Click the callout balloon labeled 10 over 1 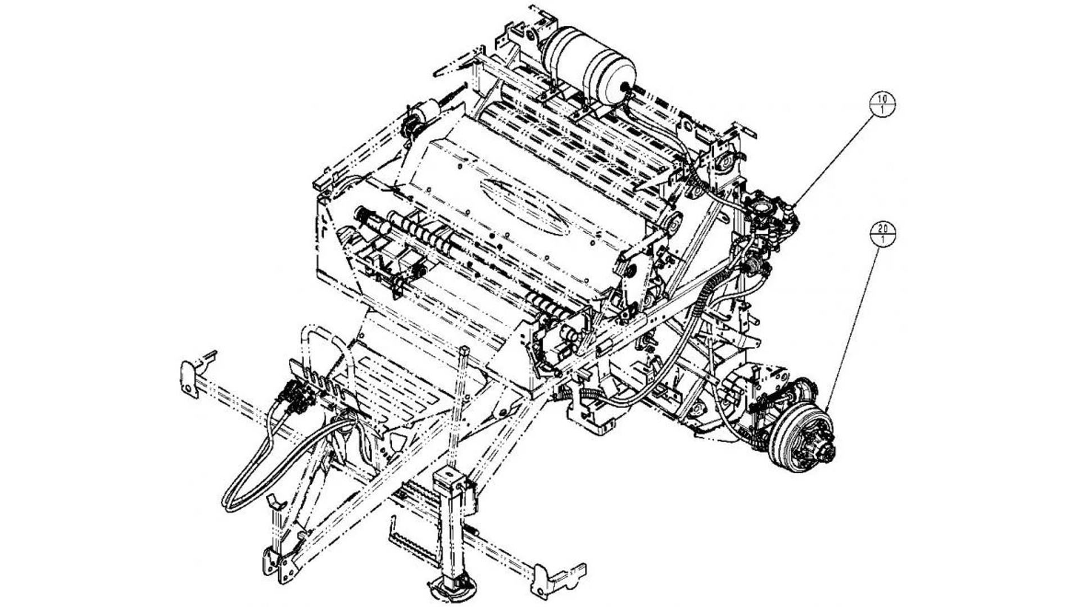click(882, 104)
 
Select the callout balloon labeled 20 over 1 click(882, 234)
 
